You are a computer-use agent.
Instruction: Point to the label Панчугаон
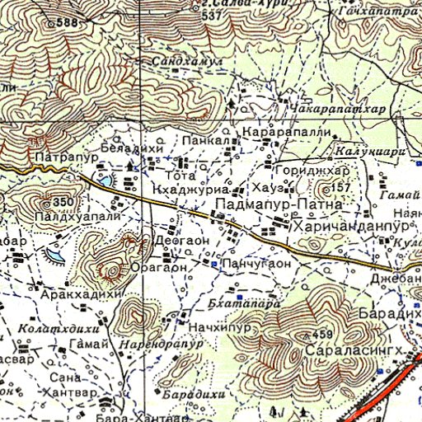[x=256, y=264]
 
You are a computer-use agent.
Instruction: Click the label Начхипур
[x=207, y=329]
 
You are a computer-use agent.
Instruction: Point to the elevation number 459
[x=322, y=335]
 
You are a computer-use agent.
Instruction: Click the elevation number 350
[x=63, y=202]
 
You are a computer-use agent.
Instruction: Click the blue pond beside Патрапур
[x=105, y=179]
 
